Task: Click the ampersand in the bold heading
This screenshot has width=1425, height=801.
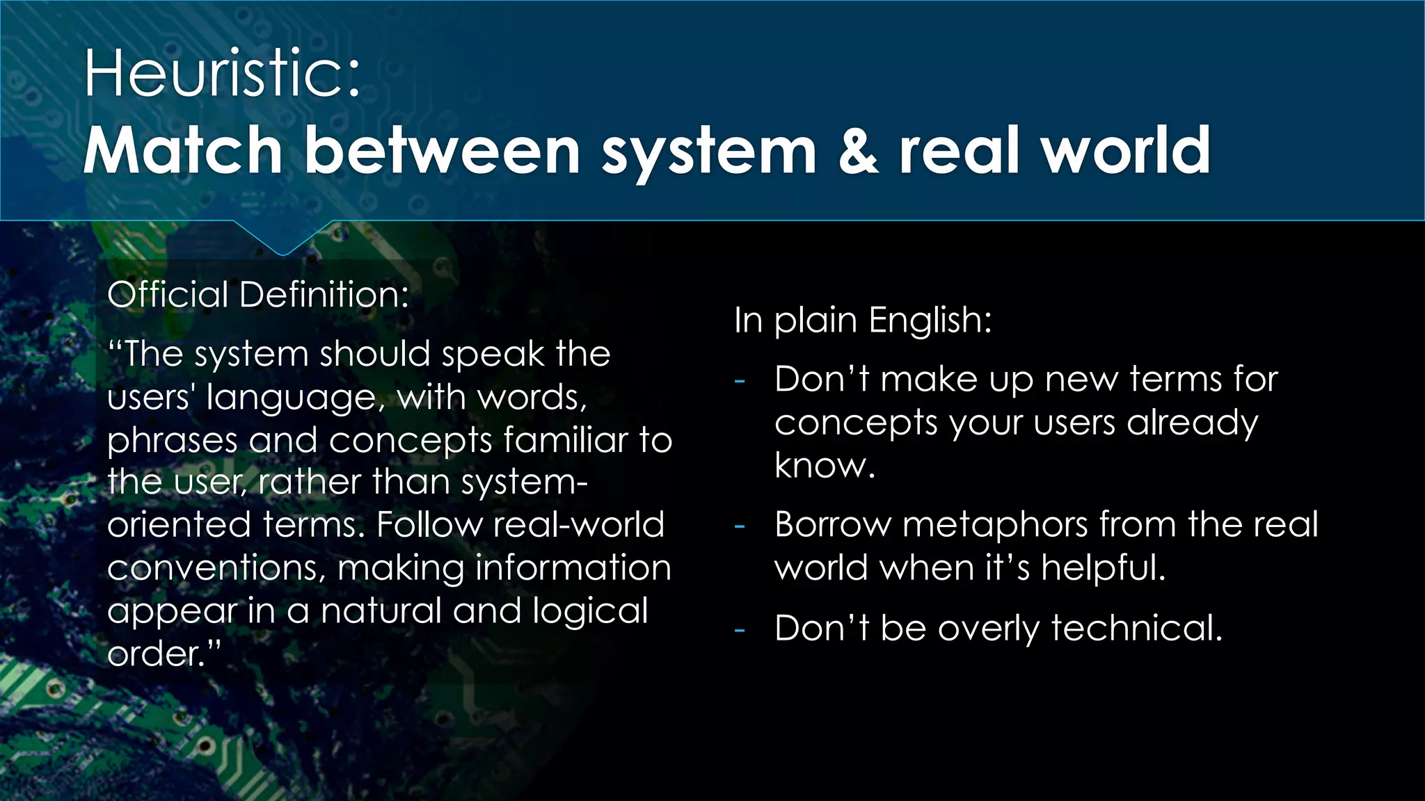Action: click(x=858, y=150)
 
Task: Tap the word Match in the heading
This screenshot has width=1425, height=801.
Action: click(x=183, y=150)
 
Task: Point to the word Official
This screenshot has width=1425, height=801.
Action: click(x=168, y=294)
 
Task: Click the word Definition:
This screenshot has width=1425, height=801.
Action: click(x=324, y=294)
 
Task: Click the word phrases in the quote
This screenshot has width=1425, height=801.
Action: click(x=172, y=441)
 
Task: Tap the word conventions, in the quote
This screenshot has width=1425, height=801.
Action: click(x=216, y=568)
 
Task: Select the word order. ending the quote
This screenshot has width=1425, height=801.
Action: click(x=163, y=654)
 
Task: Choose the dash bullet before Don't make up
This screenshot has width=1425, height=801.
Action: click(x=740, y=381)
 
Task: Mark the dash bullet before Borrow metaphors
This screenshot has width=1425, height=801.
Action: click(x=740, y=526)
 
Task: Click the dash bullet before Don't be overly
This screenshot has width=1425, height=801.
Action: click(x=740, y=630)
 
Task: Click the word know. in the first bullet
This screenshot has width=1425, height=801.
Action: click(x=825, y=465)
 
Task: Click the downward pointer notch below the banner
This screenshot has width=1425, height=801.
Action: click(x=282, y=239)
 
